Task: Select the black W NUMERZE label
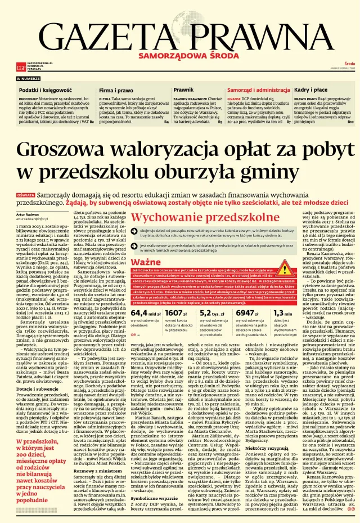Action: [x=28, y=79]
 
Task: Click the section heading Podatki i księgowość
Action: [x=45, y=90]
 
